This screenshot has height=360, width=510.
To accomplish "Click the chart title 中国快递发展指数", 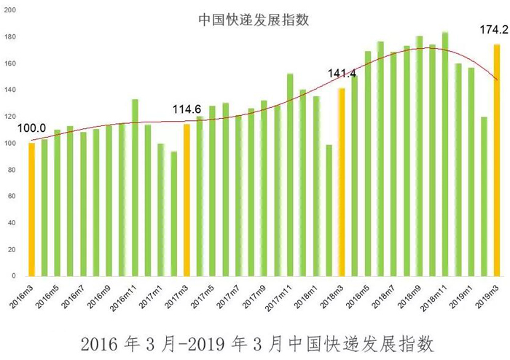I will pyautogui.click(x=254, y=20).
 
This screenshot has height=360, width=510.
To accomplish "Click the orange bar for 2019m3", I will pyautogui.click(x=497, y=160).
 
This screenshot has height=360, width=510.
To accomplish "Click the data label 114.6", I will pyautogui.click(x=187, y=109).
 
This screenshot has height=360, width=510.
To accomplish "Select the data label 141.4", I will pyautogui.click(x=342, y=74).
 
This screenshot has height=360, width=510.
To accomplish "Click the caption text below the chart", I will pyautogui.click(x=254, y=341).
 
